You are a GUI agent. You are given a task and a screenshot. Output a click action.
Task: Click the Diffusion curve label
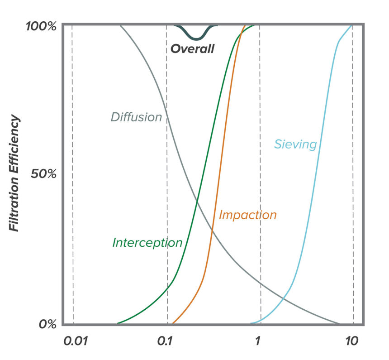click(136, 117)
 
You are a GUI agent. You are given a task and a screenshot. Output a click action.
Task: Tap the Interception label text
click(147, 242)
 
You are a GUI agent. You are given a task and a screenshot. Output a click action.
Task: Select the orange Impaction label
click(247, 215)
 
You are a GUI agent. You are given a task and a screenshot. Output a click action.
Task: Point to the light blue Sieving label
click(295, 144)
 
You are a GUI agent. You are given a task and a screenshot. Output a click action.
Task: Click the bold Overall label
click(192, 49)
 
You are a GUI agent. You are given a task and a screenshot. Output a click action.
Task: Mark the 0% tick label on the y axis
click(47, 325)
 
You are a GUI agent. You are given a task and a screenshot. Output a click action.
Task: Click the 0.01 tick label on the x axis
click(72, 341)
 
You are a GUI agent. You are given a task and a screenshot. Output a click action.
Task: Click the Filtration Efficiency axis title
click(15, 173)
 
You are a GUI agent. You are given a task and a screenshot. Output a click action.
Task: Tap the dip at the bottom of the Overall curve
click(195, 38)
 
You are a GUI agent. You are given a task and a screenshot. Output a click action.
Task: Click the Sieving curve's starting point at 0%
click(251, 323)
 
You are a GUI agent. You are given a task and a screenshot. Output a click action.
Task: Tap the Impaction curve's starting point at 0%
click(173, 323)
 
